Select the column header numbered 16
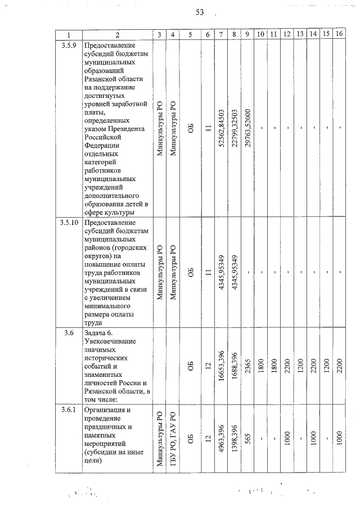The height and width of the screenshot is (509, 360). (x=339, y=35)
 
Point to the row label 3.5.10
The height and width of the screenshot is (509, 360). (x=69, y=223)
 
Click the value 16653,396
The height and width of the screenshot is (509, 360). (x=222, y=366)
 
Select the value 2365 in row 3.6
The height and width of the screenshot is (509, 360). (x=247, y=366)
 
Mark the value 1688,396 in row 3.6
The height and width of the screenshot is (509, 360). (x=234, y=366)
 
